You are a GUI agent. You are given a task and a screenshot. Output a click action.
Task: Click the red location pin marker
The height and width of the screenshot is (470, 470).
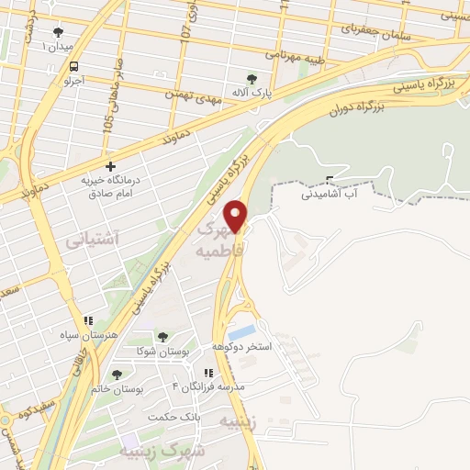pos(237,215)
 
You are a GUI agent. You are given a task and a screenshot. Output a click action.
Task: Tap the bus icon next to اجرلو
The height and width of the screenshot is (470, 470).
pos(73,66)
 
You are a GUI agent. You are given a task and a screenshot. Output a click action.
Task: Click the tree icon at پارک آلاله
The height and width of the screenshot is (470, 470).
pos(252,78)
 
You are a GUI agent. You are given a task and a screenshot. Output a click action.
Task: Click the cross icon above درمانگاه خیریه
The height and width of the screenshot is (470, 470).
pos(111,167)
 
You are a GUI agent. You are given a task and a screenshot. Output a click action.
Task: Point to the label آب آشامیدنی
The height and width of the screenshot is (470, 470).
pos(330,195)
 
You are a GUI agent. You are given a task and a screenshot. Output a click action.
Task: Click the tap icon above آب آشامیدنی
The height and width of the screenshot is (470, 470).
pos(330,180)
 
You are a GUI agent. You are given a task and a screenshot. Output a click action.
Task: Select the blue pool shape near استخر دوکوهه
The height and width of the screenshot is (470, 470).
pos(242,331)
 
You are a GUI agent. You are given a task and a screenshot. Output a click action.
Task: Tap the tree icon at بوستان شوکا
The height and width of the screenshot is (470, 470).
pos(162,337)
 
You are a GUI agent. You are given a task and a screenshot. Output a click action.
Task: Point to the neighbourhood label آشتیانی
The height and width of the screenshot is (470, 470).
pos(92,240)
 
